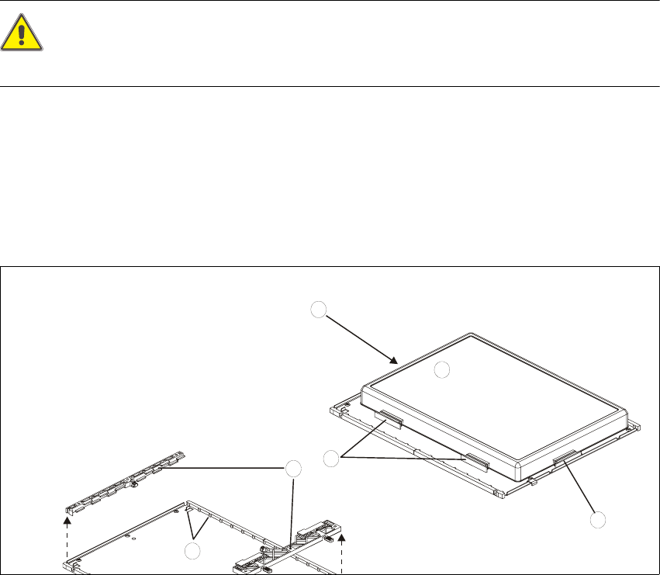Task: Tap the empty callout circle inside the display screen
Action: pos(441,370)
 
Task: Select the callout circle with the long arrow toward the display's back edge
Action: pos(318,310)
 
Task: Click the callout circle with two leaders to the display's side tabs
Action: pos(331,458)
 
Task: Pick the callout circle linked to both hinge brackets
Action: pos(292,469)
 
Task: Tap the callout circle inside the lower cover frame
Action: pos(192,551)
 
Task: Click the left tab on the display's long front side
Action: pos(389,420)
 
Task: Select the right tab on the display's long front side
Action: pos(476,462)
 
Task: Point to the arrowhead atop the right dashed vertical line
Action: pos(341,535)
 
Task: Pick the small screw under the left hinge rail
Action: pos(134,487)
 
